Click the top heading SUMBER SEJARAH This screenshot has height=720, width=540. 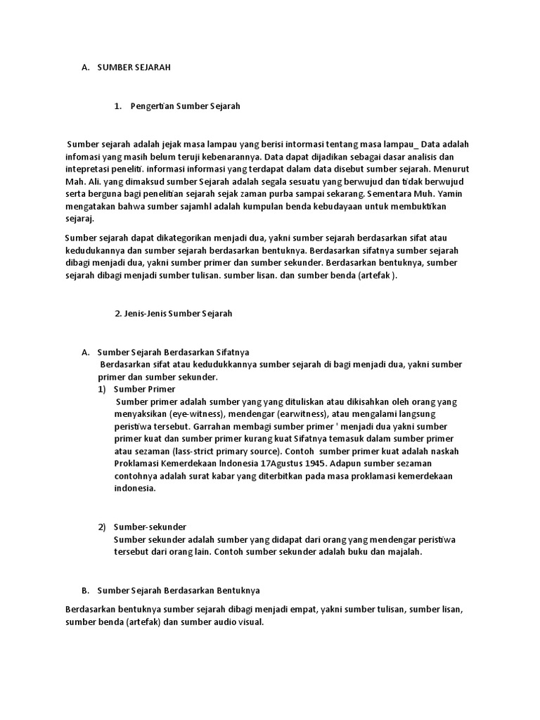click(134, 67)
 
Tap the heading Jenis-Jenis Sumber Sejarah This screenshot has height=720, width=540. click(173, 314)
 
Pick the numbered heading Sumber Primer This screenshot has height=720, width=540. click(144, 389)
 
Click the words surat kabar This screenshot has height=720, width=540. click(205, 476)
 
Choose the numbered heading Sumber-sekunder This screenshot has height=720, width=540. click(150, 527)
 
